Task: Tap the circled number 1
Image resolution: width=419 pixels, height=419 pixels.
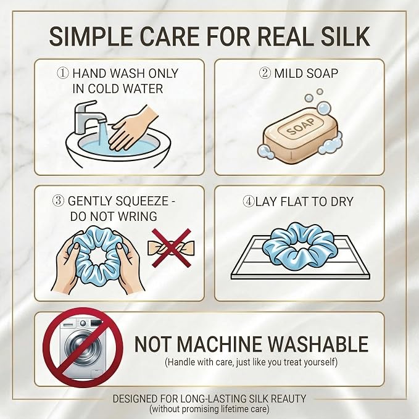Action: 63,73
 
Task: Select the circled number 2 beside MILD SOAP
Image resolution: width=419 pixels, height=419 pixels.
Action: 265,73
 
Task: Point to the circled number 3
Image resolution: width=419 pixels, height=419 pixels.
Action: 58,201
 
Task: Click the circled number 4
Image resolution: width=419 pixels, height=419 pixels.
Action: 249,201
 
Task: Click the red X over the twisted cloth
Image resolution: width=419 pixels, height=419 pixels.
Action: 172,247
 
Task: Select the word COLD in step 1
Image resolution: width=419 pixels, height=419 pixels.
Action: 102,89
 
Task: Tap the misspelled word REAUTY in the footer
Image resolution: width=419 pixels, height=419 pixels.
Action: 288,399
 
